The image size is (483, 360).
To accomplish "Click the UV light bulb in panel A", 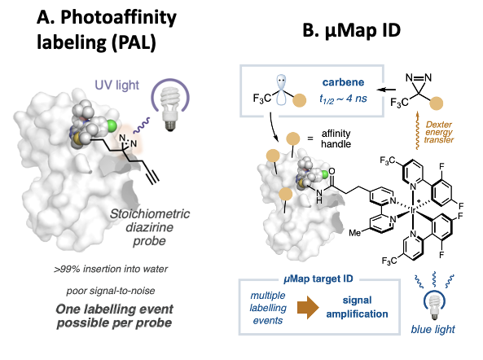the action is pos(170,108).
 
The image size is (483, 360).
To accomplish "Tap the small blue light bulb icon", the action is pos(435,307).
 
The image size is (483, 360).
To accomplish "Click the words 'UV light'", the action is pos(116,85).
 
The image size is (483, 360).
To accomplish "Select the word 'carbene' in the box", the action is pos(343,82).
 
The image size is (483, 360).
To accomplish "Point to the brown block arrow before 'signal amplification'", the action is pos(308,307).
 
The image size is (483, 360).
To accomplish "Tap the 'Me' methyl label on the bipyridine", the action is pos(354,233).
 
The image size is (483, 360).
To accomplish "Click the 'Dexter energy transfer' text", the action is pos(439,132).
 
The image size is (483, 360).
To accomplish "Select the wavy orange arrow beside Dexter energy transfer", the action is pos(417,130).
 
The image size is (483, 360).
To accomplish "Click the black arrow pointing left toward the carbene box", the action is pos(386,90).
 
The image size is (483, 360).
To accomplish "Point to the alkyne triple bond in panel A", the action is pos(153,177).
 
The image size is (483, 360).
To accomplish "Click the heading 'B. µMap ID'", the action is pos(352,31).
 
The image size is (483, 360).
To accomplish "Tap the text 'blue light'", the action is pos(433,329).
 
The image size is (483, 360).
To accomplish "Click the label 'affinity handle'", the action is pos(336,138).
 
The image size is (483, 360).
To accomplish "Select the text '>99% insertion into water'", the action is pos(111,269).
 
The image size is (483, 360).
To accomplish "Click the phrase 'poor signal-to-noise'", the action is pos(111,291).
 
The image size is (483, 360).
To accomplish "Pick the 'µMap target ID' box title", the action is pos(318,279).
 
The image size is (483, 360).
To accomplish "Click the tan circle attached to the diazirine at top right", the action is pos(437,103).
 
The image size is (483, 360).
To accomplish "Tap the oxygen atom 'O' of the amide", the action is pos(332,171).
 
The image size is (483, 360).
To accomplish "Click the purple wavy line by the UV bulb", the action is pos(142,125).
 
